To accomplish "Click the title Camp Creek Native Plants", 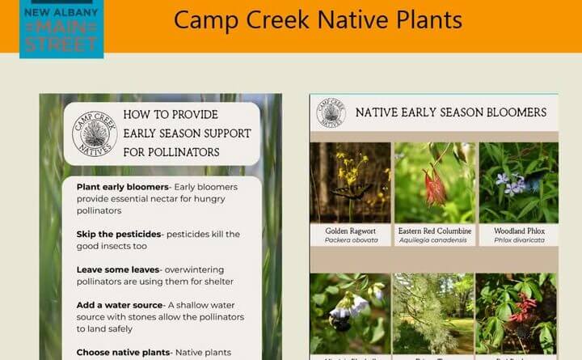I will pos(318,19).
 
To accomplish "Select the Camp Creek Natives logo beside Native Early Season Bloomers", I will pos(331,113).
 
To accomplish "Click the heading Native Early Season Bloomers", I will pos(451,112).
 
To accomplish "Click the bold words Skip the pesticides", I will pos(118,234).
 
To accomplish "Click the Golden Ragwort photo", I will pos(350,183).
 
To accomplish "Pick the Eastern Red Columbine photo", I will pos(433,183).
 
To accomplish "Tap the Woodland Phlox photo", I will pos(517,183).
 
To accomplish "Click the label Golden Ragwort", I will pos(350,231).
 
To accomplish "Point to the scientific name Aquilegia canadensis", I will pos(433,240).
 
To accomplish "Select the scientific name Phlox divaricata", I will pos(517,240).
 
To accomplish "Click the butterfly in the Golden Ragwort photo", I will pos(347,191).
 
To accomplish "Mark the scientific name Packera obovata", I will pos(350,240).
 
